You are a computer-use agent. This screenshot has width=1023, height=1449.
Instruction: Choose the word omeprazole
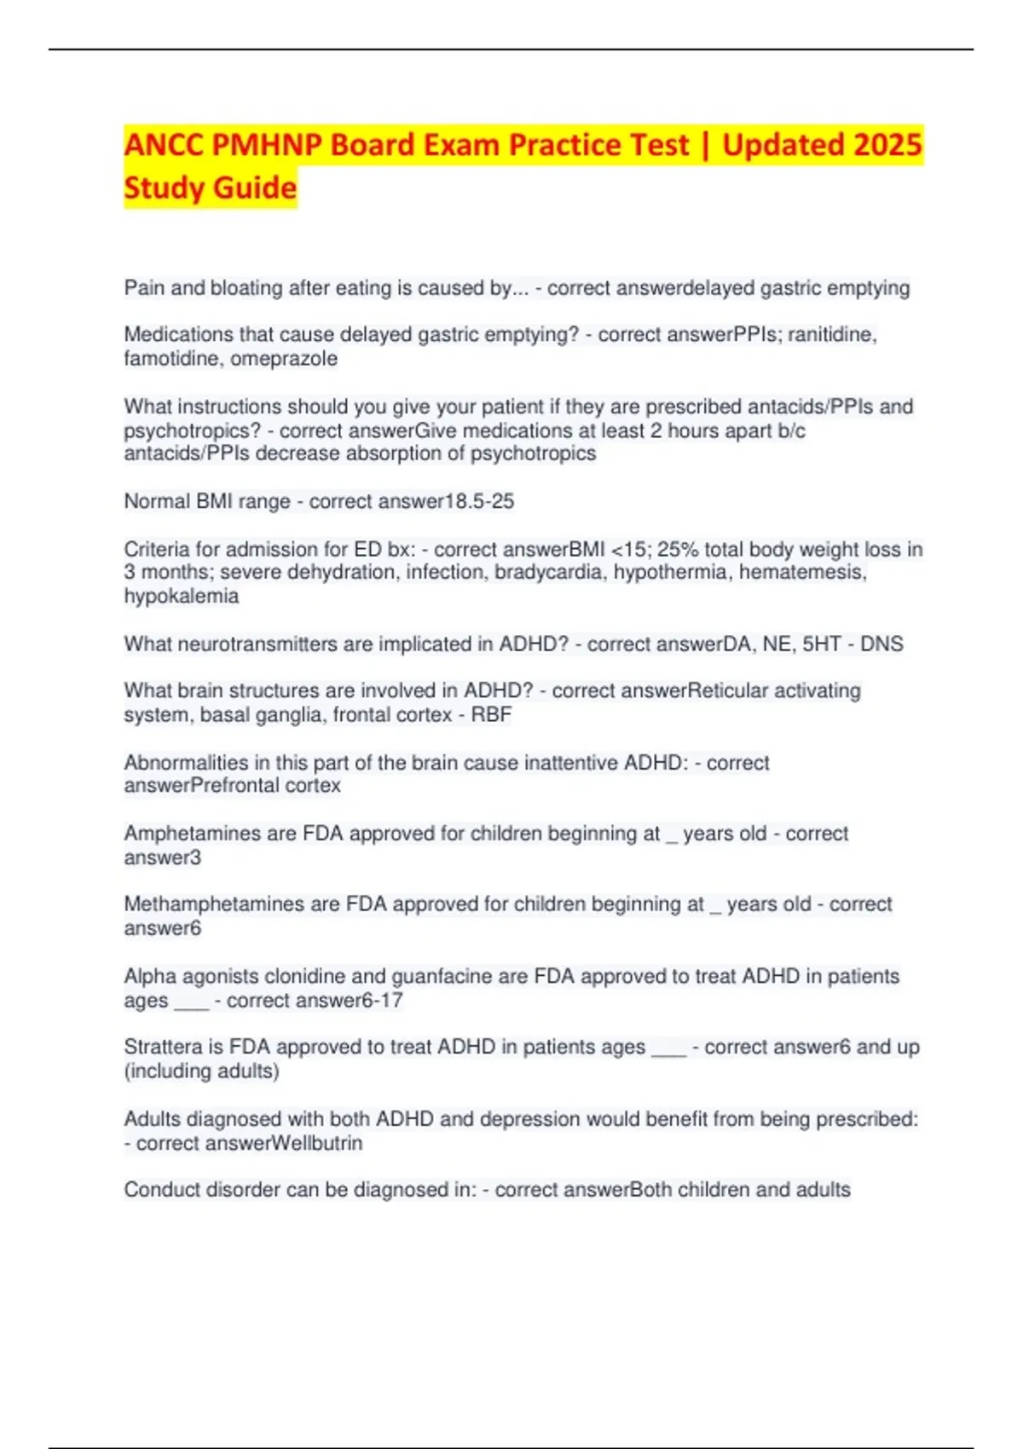284,359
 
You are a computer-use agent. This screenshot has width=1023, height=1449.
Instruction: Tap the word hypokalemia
182,596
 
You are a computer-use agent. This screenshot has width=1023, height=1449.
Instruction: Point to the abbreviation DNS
881,644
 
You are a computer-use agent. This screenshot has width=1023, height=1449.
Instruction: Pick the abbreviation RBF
491,714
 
